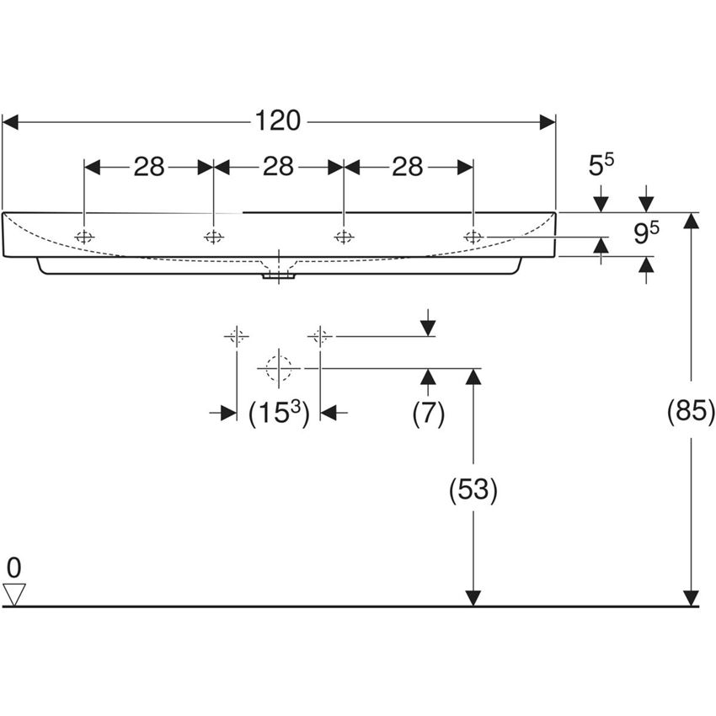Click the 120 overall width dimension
pos(279,121)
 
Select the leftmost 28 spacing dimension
pos(148,167)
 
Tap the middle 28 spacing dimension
pos(278,167)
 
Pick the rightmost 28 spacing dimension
pos(407,167)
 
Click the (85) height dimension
pos(691,412)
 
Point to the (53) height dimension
pos(473,489)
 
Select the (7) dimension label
pos(428,413)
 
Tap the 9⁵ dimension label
pos(645,233)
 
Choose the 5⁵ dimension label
pos(601,165)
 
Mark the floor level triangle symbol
pos(14,594)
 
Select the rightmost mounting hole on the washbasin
pos(473,237)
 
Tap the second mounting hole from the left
pos(213,237)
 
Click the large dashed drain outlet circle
pos(278,368)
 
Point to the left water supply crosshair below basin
pos(236,337)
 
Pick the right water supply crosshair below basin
pos(318,337)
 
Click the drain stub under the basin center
pos(277,273)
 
